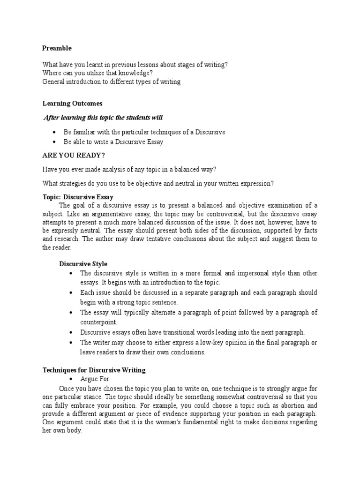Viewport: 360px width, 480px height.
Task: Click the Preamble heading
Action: [x=57, y=48]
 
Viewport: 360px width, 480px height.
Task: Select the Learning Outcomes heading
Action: [x=72, y=103]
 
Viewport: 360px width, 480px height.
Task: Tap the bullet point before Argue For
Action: [x=69, y=379]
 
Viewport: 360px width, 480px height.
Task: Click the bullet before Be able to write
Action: [x=55, y=142]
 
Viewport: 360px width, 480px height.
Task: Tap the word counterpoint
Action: [x=98, y=322]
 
